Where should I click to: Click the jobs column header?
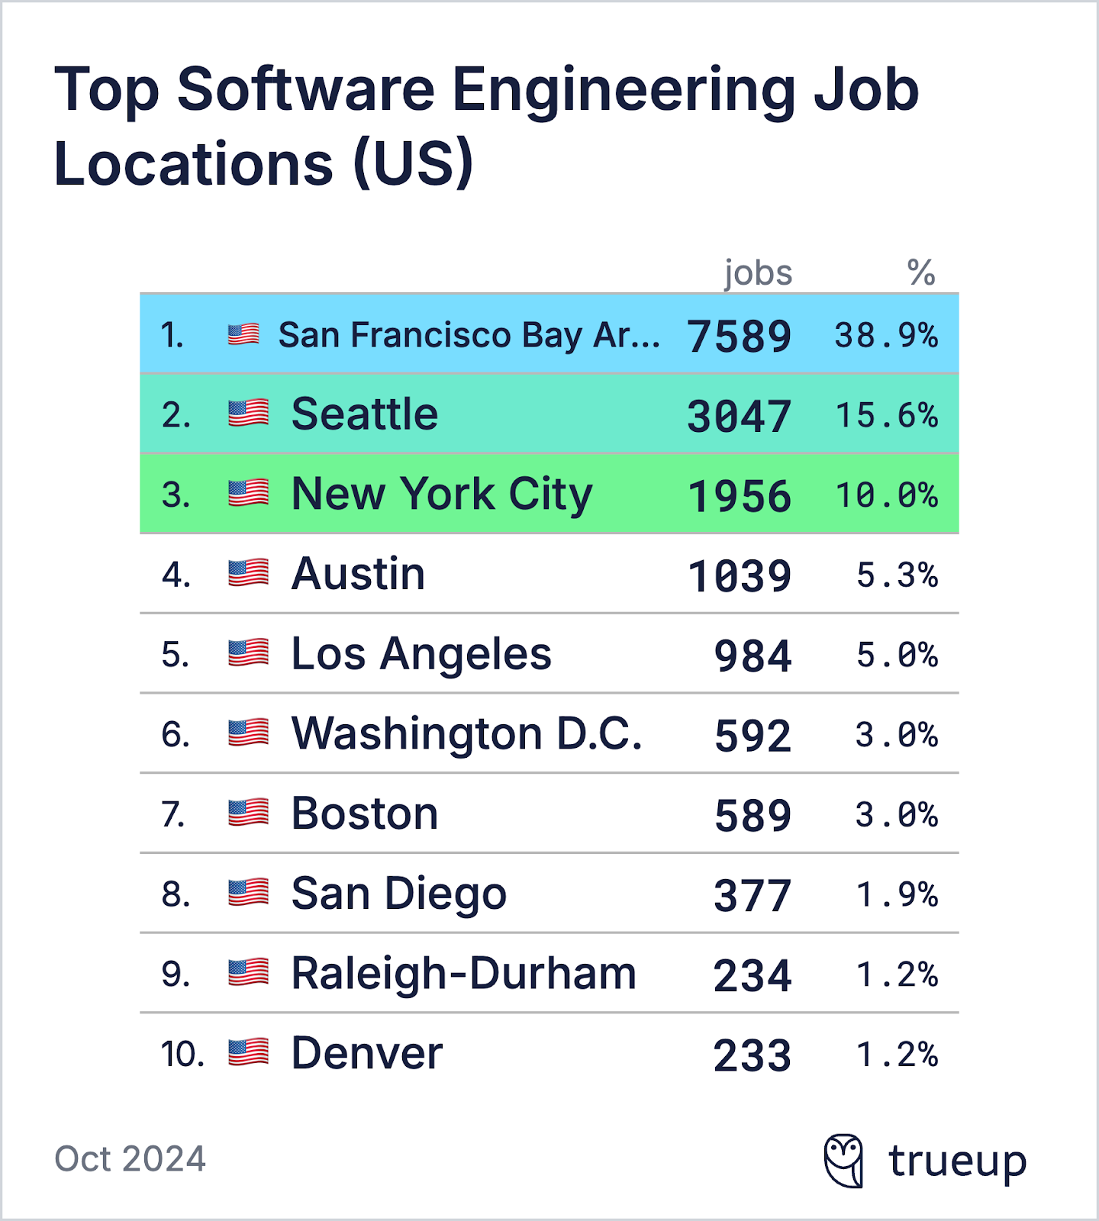(758, 272)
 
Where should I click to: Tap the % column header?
(921, 272)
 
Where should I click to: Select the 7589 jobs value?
(739, 337)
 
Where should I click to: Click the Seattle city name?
(365, 414)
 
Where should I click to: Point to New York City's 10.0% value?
(886, 496)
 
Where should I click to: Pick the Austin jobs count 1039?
(739, 576)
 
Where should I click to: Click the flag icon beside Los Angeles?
(249, 654)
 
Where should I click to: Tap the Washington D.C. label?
(466, 734)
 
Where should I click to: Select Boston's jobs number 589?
(753, 816)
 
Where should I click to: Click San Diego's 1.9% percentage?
(897, 895)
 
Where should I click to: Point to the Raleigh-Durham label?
(463, 974)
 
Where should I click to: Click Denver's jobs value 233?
(753, 1055)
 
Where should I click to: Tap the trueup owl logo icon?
(844, 1161)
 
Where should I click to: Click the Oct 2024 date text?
(130, 1158)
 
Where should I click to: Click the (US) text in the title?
(413, 164)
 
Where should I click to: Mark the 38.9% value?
(886, 336)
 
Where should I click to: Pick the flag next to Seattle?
(249, 414)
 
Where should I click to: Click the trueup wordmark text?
(957, 1162)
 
